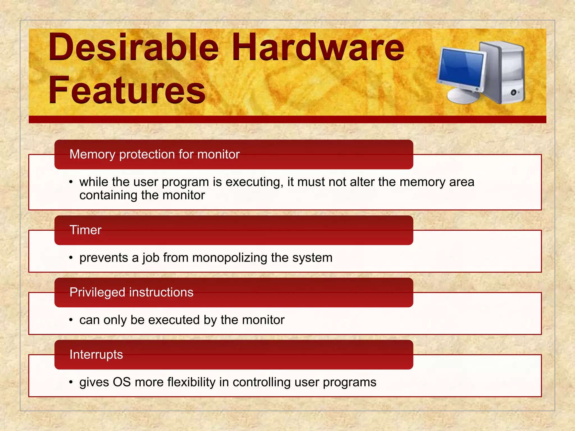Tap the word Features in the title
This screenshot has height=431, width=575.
[x=127, y=90]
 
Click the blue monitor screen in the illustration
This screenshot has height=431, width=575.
[x=462, y=68]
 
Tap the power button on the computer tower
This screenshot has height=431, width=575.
[x=514, y=92]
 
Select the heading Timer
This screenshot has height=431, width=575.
[x=85, y=230]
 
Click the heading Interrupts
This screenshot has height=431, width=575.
[x=96, y=354]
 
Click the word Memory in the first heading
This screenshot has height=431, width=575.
[x=92, y=154]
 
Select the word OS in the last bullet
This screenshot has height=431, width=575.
[x=122, y=382]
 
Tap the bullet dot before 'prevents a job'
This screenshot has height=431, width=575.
[x=71, y=258]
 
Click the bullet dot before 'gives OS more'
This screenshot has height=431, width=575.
[x=71, y=382]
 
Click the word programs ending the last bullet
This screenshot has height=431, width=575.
[x=349, y=382]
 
